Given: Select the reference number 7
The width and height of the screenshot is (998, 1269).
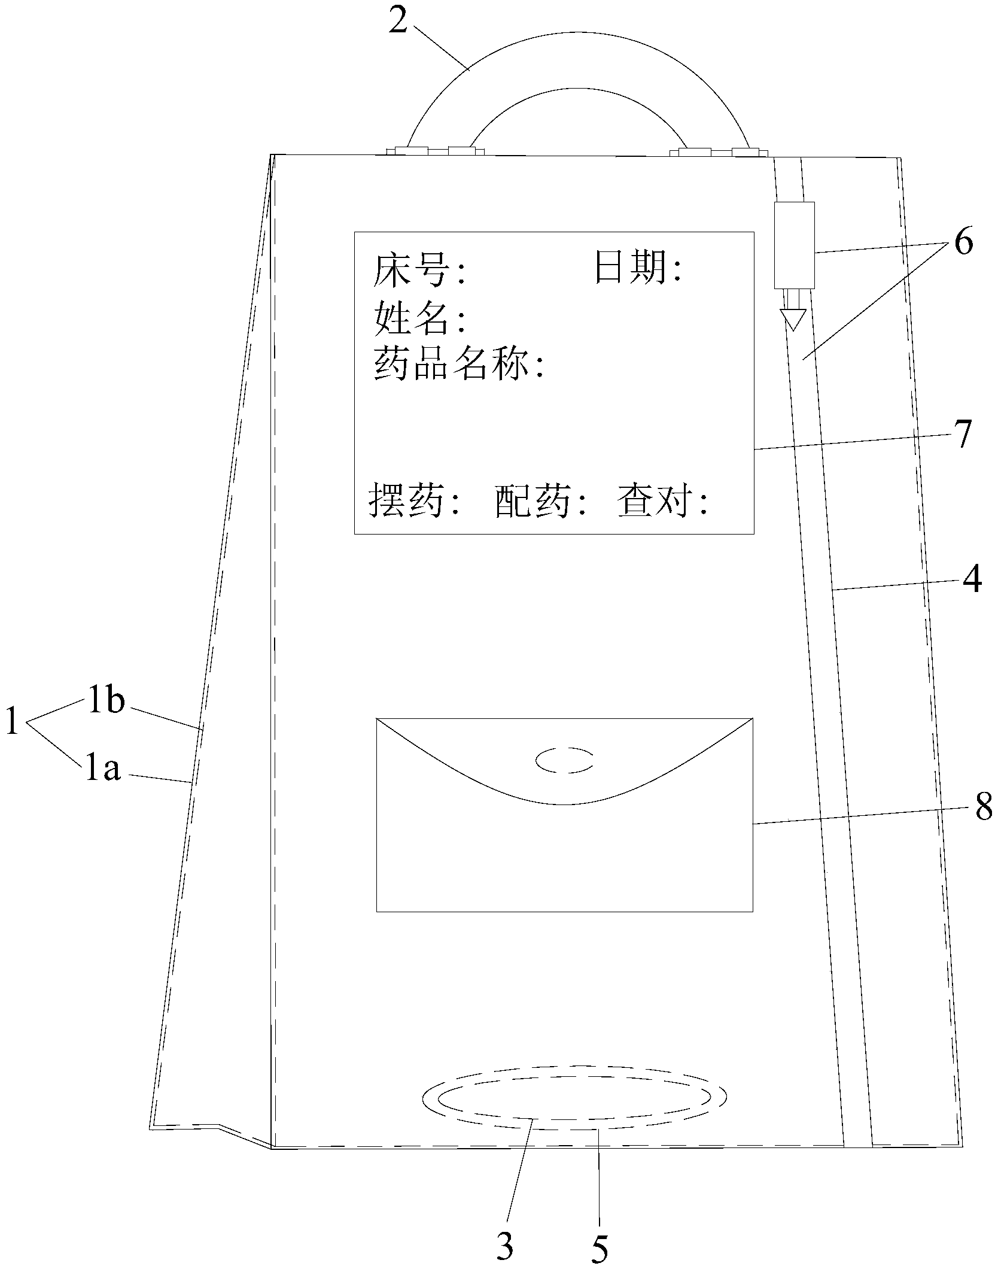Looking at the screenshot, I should [x=962, y=436].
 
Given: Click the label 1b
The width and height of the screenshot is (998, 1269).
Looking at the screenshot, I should [x=106, y=702].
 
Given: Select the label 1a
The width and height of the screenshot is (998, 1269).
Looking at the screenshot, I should [x=103, y=770].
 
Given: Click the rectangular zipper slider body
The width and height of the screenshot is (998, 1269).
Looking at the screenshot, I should [x=794, y=245].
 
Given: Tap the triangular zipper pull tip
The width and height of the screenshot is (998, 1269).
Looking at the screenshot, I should [x=793, y=320].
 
